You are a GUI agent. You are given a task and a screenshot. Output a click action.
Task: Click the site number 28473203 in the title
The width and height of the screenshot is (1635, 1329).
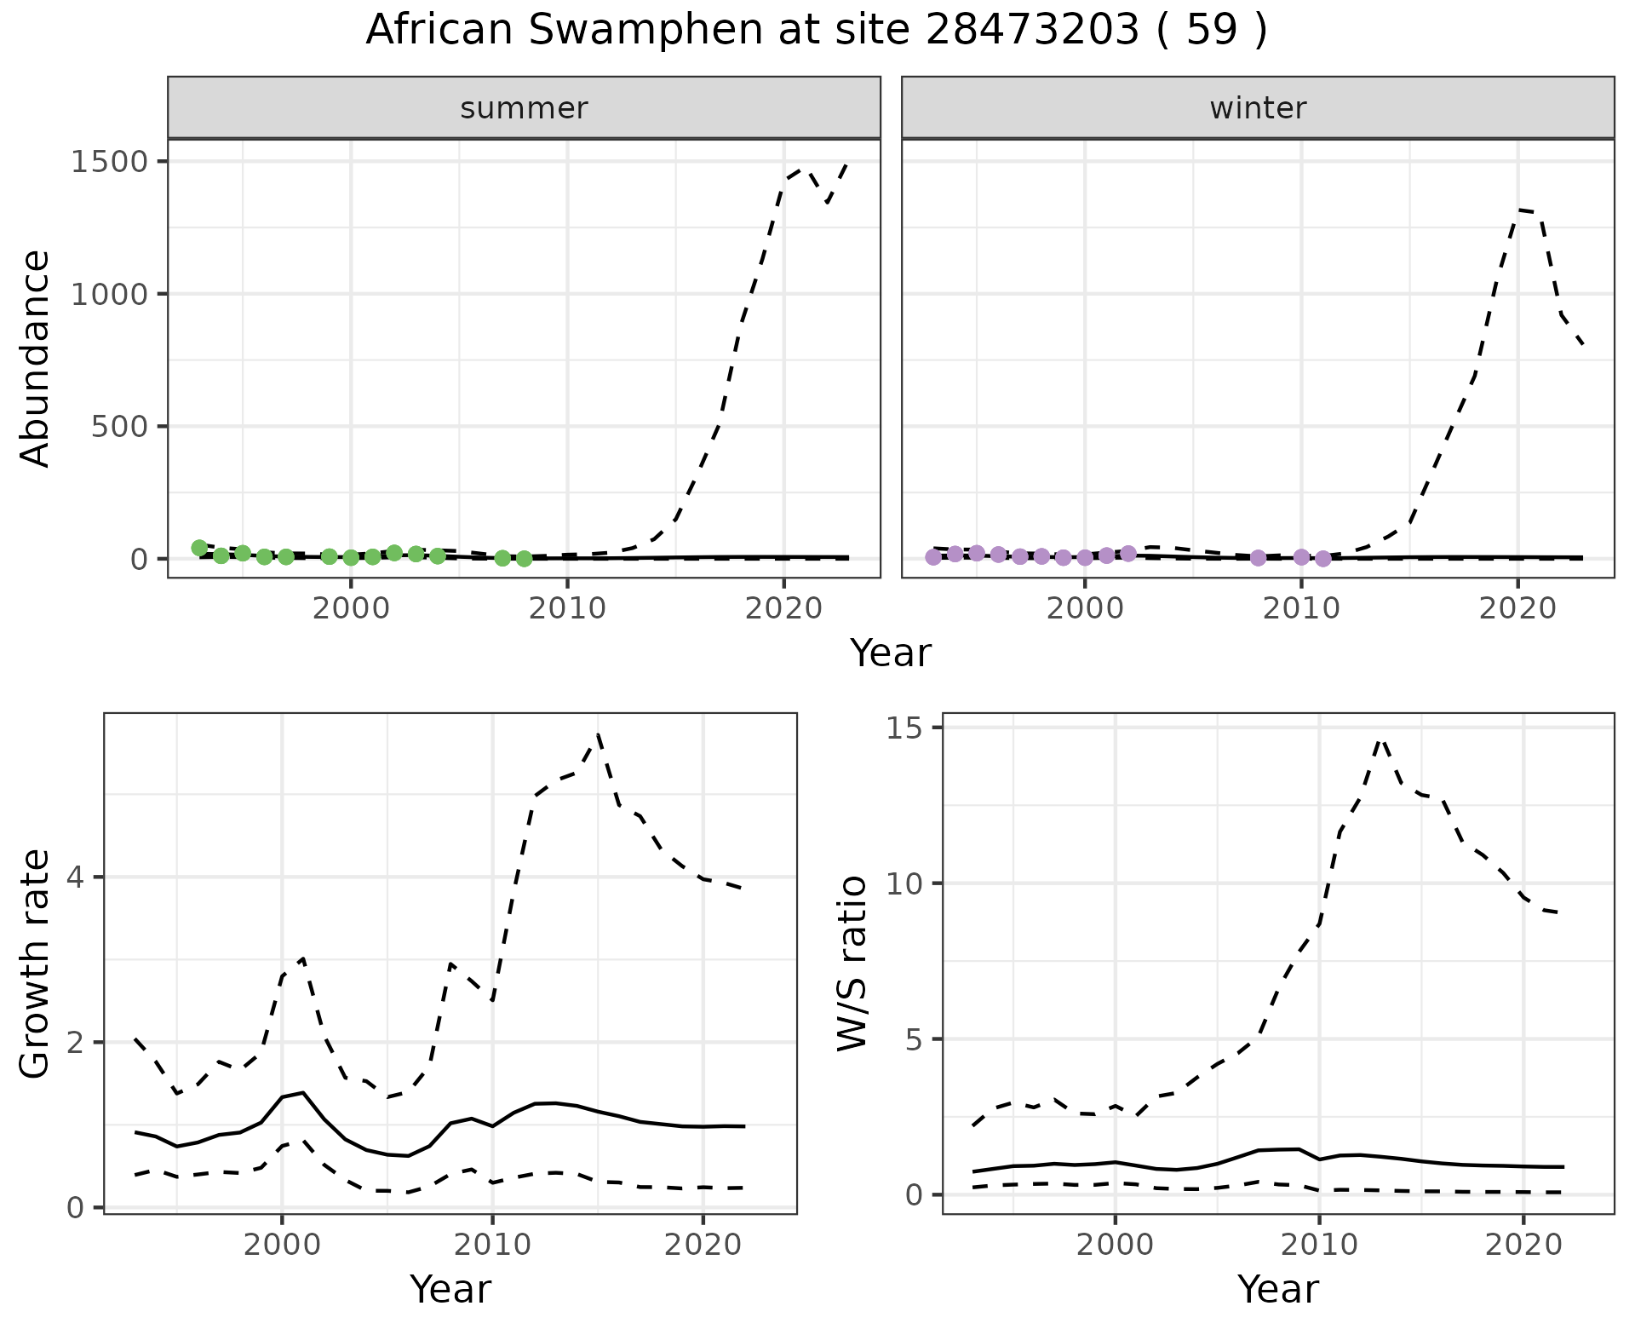coord(1031,31)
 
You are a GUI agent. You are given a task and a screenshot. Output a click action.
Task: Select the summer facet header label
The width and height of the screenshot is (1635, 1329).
coord(524,108)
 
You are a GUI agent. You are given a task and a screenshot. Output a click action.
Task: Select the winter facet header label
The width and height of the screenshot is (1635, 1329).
coord(1258,108)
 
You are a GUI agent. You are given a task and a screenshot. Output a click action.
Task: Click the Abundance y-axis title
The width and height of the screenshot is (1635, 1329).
coord(36,358)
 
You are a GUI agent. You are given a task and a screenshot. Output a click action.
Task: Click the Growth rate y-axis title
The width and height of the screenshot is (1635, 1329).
coord(36,964)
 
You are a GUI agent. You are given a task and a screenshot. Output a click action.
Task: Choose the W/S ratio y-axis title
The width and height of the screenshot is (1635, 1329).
coord(852,964)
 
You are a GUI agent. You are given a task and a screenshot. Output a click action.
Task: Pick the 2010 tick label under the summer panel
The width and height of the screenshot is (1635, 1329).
coord(566,608)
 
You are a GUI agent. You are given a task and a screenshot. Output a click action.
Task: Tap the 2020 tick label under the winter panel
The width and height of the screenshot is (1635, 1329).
coord(1517,608)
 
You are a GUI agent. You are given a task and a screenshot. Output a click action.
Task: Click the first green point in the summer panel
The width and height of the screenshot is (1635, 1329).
coord(199,548)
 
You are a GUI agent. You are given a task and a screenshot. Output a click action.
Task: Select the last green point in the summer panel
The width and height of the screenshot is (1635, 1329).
coord(524,559)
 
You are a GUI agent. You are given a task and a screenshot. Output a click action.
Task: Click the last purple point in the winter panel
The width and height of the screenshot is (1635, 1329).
coord(1322,559)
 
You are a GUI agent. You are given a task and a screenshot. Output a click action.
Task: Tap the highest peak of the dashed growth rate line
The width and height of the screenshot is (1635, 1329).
coord(599,734)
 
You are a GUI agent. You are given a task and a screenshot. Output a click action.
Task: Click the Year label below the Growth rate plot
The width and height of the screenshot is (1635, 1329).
coord(450,1289)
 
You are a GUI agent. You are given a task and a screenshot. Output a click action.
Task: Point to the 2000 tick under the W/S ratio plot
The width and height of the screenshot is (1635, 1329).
coord(1115,1245)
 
